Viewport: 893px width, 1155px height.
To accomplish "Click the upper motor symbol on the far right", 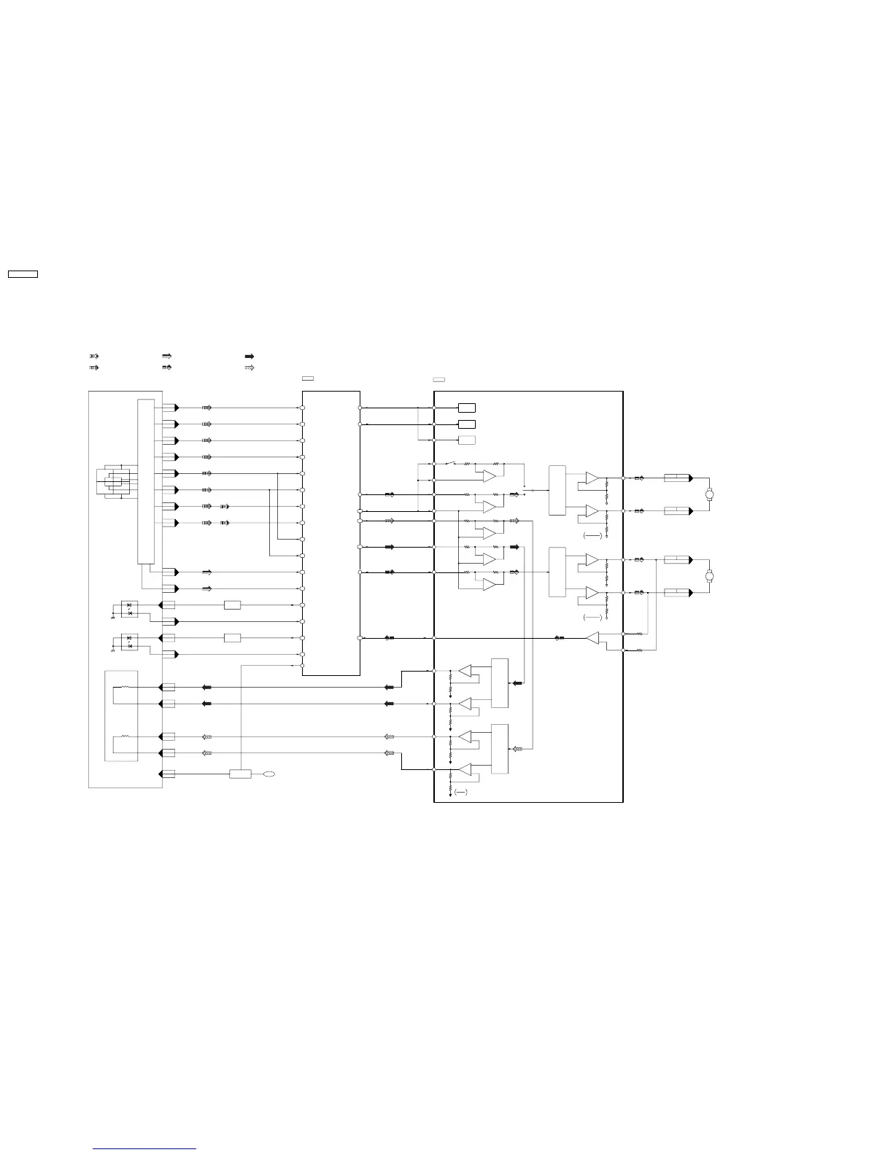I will (708, 495).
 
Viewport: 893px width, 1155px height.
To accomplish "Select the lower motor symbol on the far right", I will (708, 577).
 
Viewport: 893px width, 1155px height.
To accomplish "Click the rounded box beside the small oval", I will (240, 774).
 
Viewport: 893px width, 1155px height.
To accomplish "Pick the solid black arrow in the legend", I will (250, 356).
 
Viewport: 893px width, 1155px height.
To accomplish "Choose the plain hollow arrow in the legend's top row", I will (166, 356).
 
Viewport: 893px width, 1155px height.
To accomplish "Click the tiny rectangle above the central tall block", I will (308, 379).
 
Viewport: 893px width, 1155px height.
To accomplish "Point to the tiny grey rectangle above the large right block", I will (439, 379).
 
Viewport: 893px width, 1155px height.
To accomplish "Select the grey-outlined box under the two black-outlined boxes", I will (467, 440).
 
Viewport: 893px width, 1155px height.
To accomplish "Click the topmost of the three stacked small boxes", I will (467, 408).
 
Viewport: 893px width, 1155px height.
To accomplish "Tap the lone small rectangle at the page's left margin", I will (23, 274).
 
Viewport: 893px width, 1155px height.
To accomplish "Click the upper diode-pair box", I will (129, 609).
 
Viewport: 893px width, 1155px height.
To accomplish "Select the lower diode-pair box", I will (129, 642).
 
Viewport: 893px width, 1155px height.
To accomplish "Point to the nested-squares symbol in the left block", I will (117, 481).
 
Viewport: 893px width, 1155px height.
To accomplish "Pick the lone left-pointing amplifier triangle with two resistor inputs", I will (592, 639).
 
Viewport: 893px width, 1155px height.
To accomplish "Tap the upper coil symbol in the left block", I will (125, 687).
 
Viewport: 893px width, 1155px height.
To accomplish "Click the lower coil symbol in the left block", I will (125, 737).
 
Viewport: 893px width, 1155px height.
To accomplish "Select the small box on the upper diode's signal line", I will (232, 605).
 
